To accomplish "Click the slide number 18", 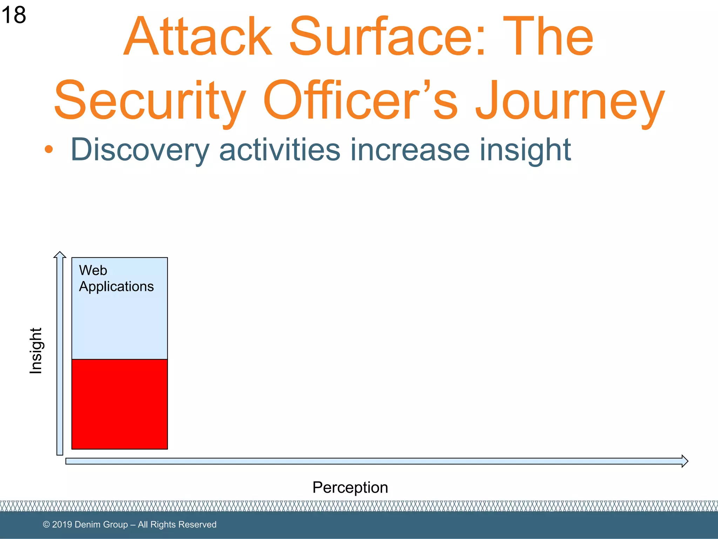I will [x=13, y=15].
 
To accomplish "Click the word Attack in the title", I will [x=198, y=37].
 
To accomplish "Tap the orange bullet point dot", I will [x=49, y=149].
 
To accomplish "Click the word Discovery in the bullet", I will [x=140, y=150].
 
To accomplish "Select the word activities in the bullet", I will [x=279, y=150].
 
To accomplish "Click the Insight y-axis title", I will [x=36, y=351].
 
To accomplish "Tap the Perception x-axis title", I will [x=350, y=487].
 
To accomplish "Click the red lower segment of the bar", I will [x=120, y=404].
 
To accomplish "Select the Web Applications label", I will [x=116, y=279].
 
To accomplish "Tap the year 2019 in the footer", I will [x=62, y=525].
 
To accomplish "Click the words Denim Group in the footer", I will [x=101, y=525].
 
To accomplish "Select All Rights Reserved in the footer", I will [x=177, y=525].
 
